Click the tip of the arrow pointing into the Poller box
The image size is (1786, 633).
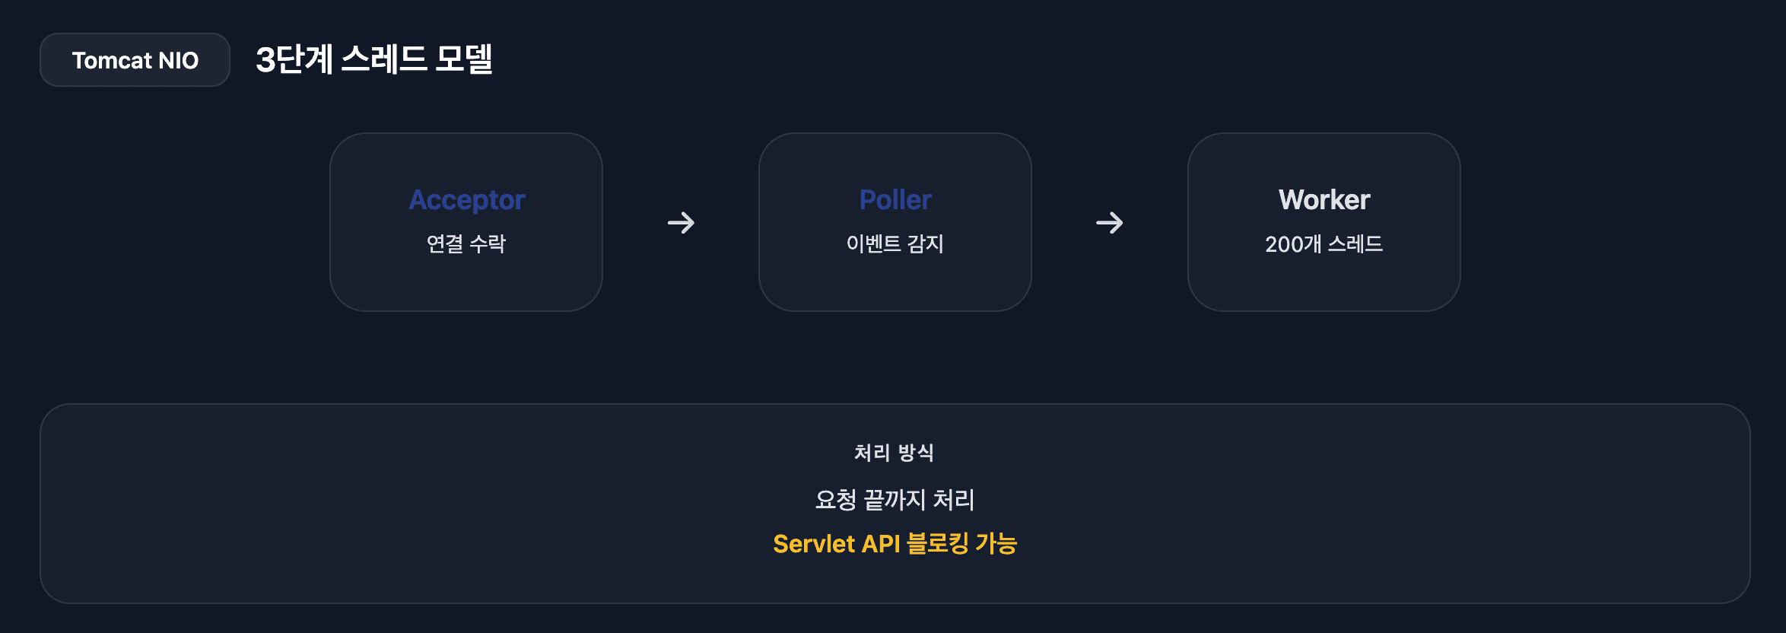[x=694, y=223]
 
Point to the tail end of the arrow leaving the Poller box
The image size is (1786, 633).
[x=1096, y=223]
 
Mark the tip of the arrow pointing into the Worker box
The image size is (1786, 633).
[x=1123, y=223]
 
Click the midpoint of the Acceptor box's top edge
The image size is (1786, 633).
[x=466, y=133]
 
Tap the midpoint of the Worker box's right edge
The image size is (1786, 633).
[x=1460, y=222]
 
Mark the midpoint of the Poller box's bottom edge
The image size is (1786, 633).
[x=895, y=311]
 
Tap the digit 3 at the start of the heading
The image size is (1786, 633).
[x=265, y=59]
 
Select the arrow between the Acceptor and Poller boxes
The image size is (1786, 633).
[x=681, y=223]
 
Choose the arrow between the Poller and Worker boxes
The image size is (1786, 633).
[x=1110, y=223]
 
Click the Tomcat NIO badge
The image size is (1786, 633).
[x=135, y=59]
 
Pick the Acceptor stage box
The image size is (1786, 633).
[x=466, y=222]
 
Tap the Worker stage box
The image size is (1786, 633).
[x=1324, y=222]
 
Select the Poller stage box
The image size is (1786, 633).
[x=895, y=222]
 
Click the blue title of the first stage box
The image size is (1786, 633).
[x=467, y=200]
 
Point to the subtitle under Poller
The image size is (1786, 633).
[x=895, y=243]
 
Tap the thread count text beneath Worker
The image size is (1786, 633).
[x=1324, y=243]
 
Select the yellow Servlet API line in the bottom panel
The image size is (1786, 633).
[x=895, y=543]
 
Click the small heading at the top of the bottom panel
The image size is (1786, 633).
[x=895, y=453]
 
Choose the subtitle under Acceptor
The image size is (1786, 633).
[x=466, y=243]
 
